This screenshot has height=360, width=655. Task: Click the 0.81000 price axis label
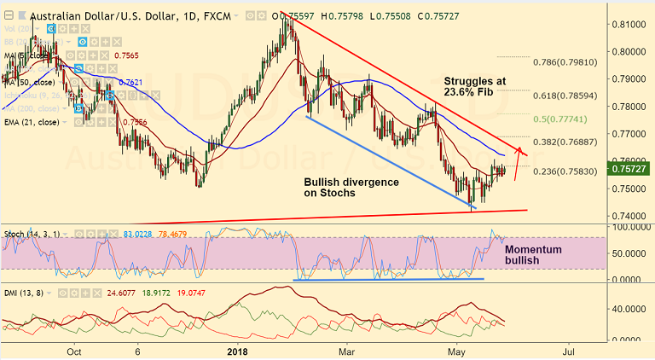[x=629, y=24]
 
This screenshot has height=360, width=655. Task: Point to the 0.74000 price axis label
[x=629, y=217]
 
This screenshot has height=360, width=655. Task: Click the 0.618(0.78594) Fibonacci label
[x=565, y=96]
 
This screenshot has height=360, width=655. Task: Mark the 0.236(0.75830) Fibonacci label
[x=565, y=171]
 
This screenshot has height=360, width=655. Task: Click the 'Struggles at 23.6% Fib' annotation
[x=474, y=87]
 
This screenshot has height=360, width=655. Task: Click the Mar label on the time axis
[x=346, y=350]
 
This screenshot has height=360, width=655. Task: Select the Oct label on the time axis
[x=74, y=350]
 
